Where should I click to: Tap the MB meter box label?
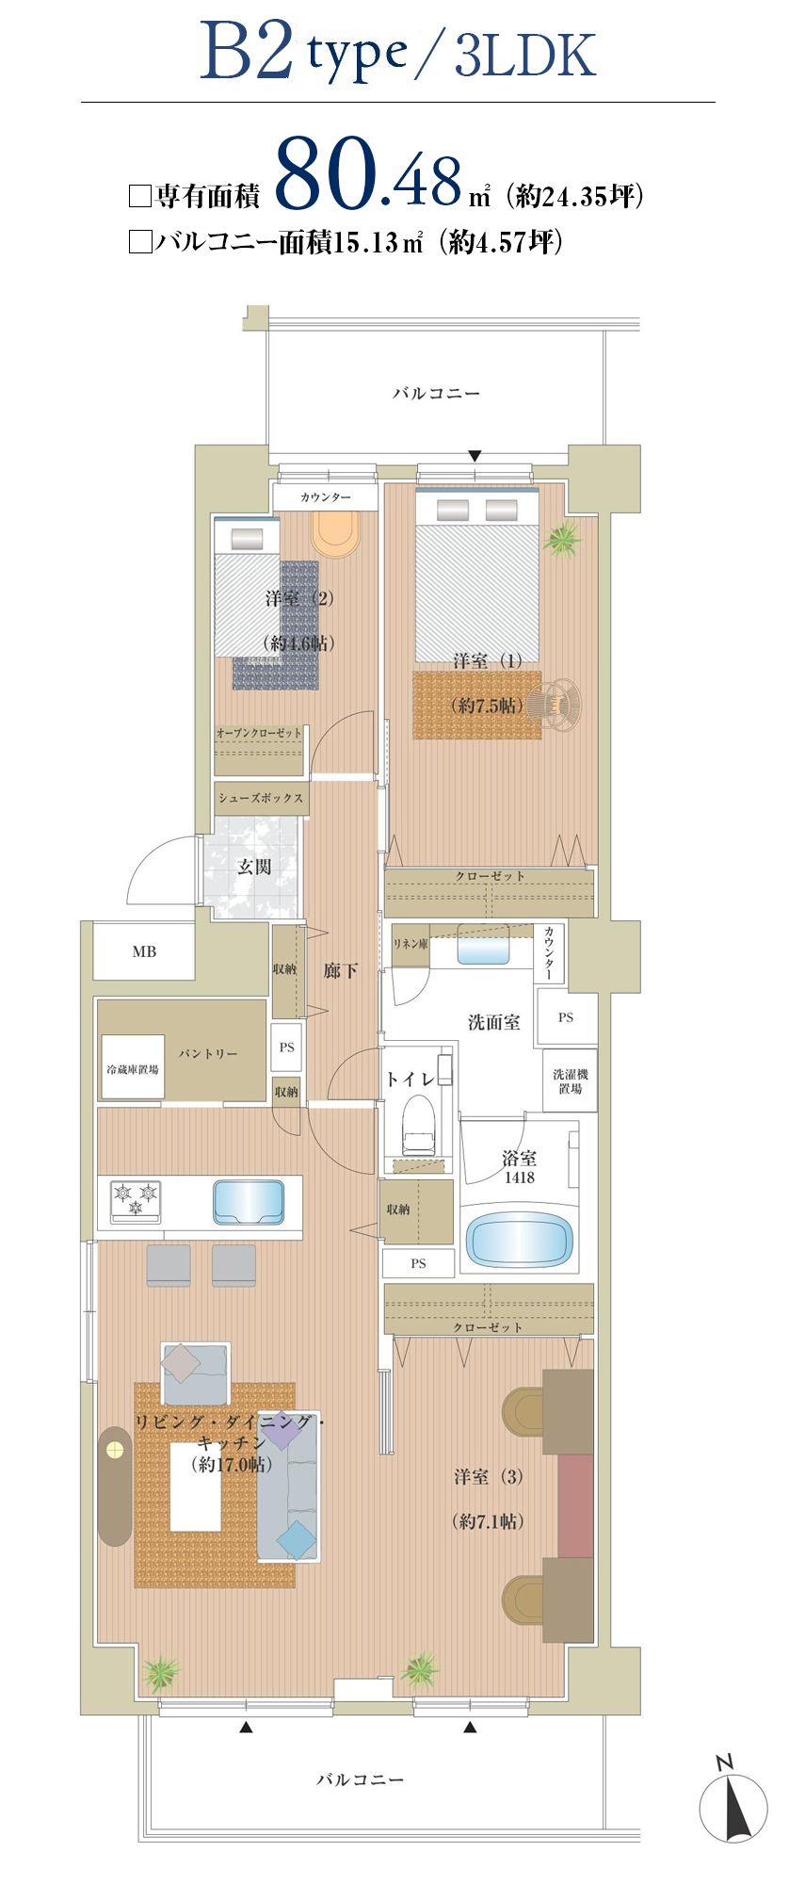(144, 951)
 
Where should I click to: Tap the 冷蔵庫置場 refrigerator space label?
(133, 1069)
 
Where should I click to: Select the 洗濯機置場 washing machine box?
(571, 1081)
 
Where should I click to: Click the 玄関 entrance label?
(254, 867)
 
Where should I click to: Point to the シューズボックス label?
(261, 798)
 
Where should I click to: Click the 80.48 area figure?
(369, 175)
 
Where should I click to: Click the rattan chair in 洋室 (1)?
(553, 703)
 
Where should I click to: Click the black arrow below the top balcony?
(475, 456)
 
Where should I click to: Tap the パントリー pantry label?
(208, 1053)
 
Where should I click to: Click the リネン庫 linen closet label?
(411, 943)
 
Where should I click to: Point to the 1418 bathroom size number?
(519, 1177)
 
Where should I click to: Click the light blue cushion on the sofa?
(297, 1541)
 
